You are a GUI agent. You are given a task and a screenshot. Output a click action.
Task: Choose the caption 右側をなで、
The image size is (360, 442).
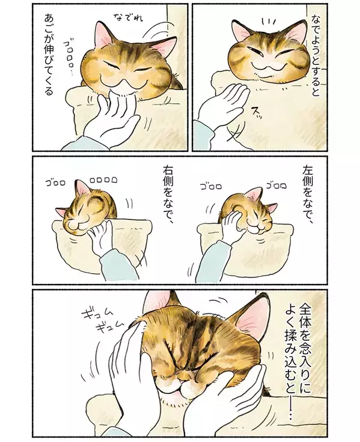[167, 195]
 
